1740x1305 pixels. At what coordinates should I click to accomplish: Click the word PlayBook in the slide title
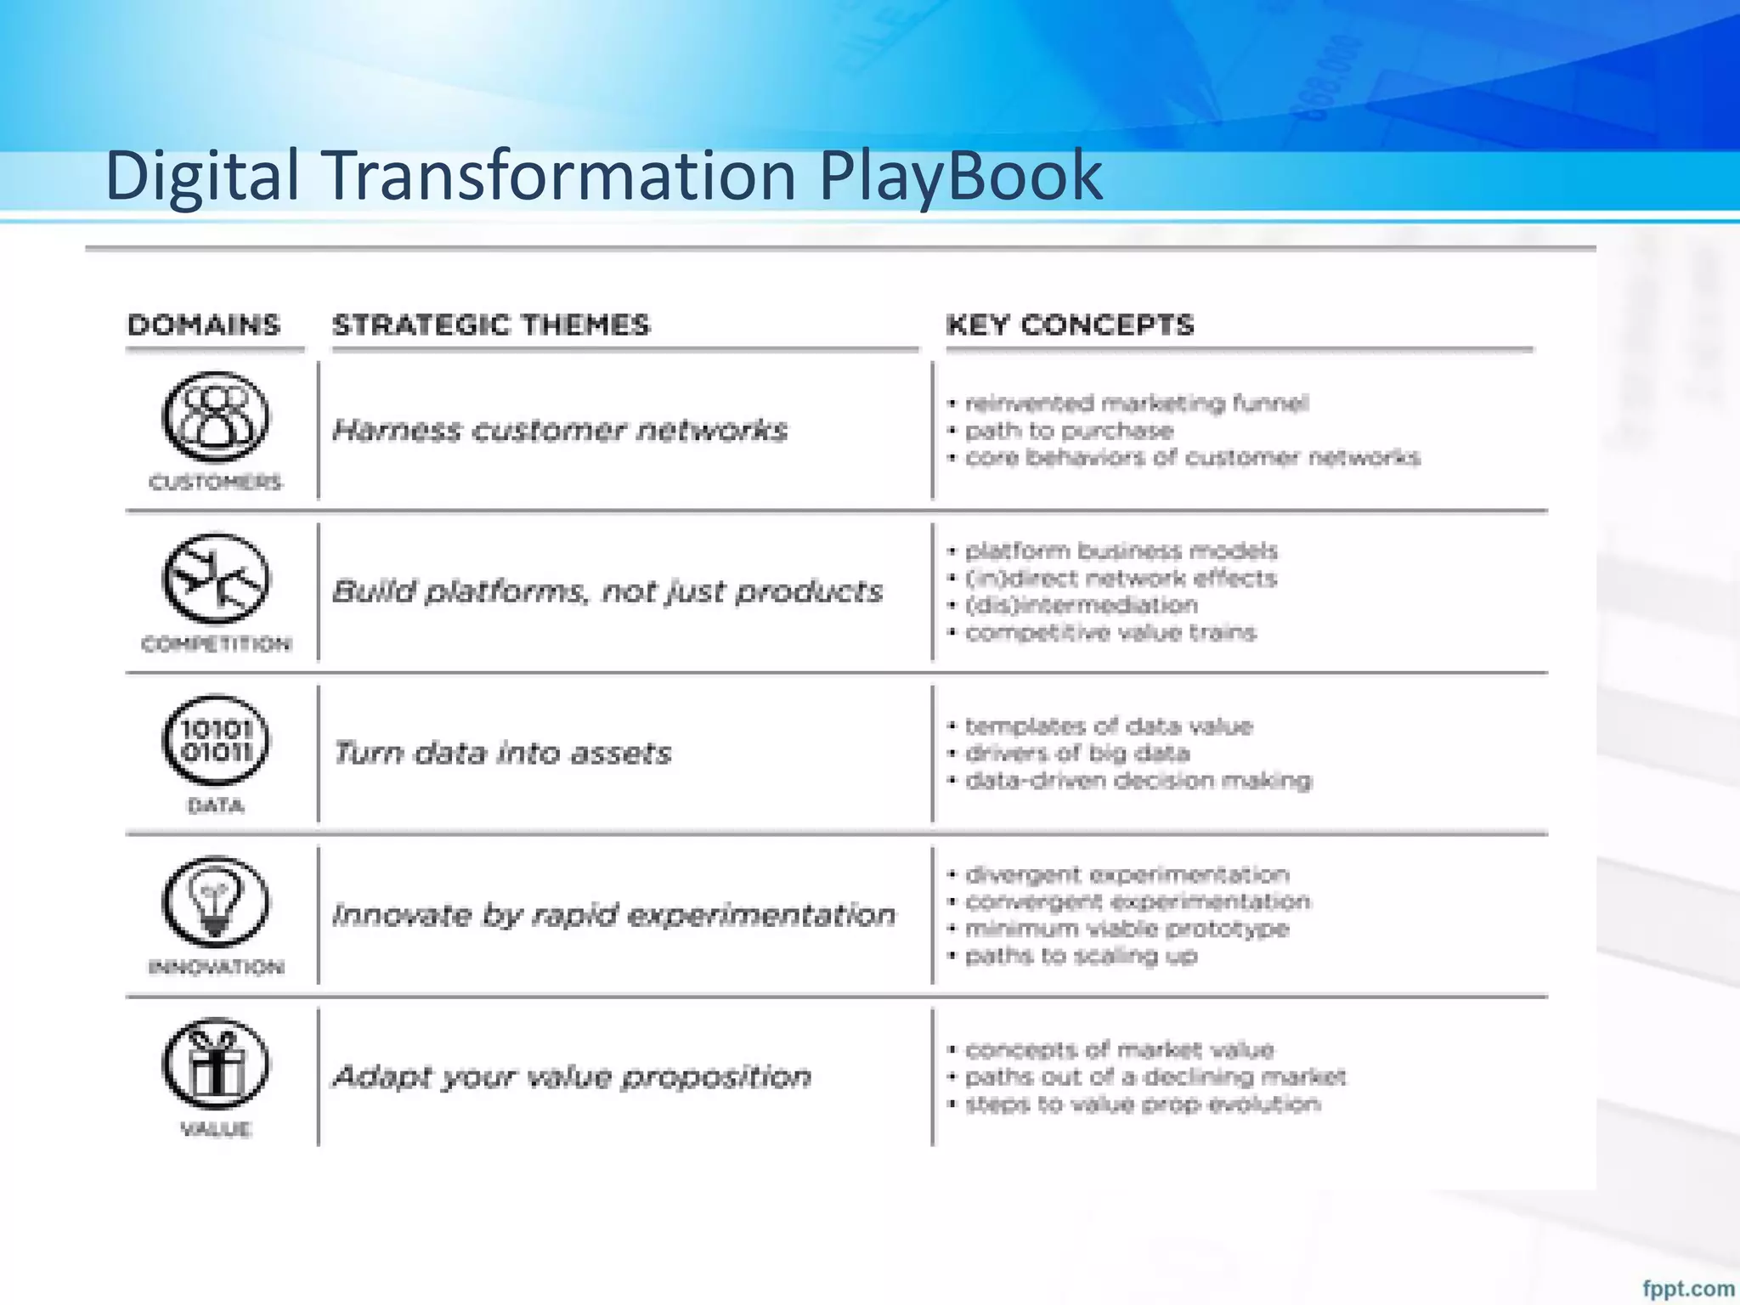tap(960, 176)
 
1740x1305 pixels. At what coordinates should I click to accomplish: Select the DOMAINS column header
tap(204, 325)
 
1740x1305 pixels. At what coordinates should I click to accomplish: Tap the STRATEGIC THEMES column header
tap(491, 325)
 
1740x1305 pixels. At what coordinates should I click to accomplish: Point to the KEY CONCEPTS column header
tap(1071, 325)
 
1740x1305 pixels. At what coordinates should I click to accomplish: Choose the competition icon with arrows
tap(215, 579)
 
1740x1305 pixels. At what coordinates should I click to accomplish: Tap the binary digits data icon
tap(215, 741)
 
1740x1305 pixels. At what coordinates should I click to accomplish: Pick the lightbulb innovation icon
tap(215, 902)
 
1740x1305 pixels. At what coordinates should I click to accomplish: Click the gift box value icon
tap(215, 1064)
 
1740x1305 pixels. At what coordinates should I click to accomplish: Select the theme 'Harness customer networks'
tap(560, 430)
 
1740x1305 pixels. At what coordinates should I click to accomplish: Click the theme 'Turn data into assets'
tap(502, 753)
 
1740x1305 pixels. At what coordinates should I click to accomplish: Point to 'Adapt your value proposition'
tap(572, 1076)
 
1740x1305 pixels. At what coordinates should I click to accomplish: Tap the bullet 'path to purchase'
tap(1069, 431)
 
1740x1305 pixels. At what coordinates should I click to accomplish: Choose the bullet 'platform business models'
tap(1121, 551)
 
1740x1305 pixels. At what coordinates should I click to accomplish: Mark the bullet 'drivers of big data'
tap(1077, 754)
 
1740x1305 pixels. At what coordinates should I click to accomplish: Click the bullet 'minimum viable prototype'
tap(1127, 929)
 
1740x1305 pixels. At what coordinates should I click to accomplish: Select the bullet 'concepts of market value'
tap(1120, 1050)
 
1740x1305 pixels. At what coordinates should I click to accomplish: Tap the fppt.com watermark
tap(1688, 1288)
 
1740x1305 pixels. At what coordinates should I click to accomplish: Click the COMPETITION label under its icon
tap(216, 644)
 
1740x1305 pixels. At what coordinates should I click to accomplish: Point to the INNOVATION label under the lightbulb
tap(216, 967)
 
